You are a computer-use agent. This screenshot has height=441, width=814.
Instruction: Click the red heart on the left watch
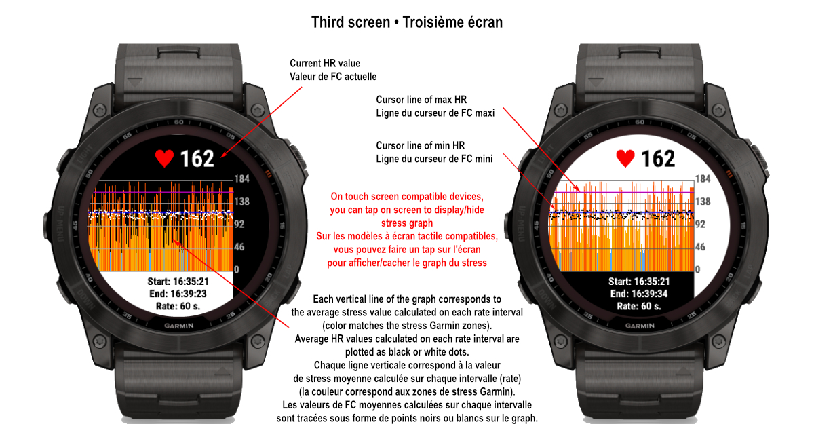point(165,158)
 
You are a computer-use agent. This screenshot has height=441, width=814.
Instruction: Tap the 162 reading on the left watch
point(197,159)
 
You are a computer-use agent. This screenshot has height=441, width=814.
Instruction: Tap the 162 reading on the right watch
point(658,159)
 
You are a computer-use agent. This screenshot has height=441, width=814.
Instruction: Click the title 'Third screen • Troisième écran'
point(407,22)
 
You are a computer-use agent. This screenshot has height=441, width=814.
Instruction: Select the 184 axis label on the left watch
point(243,178)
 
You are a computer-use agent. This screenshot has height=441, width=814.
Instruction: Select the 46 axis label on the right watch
point(703,247)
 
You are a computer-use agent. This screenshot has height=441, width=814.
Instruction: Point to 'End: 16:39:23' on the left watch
point(178,294)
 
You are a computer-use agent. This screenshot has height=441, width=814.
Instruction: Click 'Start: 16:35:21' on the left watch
point(178,282)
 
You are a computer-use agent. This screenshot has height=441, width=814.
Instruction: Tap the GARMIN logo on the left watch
point(178,325)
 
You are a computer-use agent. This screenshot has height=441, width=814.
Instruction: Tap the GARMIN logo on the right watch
point(640,325)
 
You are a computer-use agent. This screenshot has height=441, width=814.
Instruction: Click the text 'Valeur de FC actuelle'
point(333,77)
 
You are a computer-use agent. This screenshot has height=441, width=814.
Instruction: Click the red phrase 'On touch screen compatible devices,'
point(406,198)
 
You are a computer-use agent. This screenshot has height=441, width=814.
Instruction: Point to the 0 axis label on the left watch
point(237,269)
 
